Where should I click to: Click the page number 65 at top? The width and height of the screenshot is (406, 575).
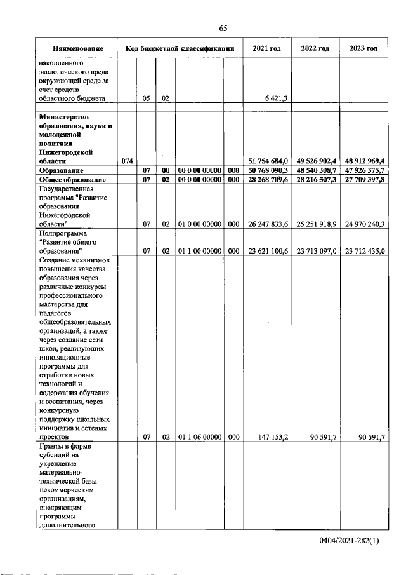pyautogui.click(x=223, y=28)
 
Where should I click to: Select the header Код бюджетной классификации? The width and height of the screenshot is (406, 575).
pyautogui.click(x=180, y=48)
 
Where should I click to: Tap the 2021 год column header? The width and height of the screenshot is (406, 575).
pyautogui.click(x=266, y=48)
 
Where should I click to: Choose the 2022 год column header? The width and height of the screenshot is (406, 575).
pyautogui.click(x=315, y=48)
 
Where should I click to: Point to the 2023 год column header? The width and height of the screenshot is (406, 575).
pyautogui.click(x=363, y=48)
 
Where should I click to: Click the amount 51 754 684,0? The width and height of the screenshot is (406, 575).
pyautogui.click(x=266, y=161)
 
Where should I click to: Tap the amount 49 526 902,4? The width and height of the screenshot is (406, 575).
pyautogui.click(x=316, y=161)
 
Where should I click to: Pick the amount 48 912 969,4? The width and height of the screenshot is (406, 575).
pyautogui.click(x=364, y=161)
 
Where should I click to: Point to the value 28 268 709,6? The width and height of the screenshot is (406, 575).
pyautogui.click(x=266, y=180)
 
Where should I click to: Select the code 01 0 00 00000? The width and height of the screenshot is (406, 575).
pyautogui.click(x=199, y=224)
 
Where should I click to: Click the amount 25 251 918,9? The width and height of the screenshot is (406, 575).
pyautogui.click(x=316, y=224)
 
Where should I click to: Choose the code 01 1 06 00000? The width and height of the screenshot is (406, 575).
pyautogui.click(x=199, y=437)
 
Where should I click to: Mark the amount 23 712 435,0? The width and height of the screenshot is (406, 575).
pyautogui.click(x=364, y=250)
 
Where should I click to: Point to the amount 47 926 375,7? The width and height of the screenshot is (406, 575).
pyautogui.click(x=364, y=171)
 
